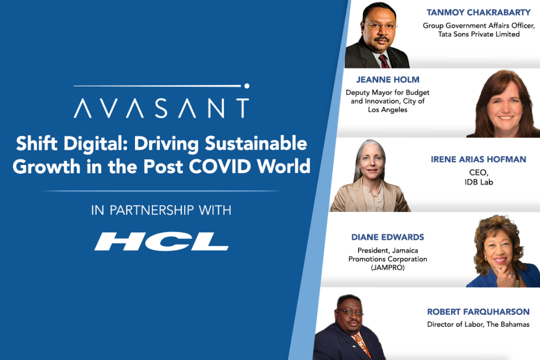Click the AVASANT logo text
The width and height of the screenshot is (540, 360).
pos(161,108)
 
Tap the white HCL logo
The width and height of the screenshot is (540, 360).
pos(161,241)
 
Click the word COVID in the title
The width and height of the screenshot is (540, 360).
pos(220,166)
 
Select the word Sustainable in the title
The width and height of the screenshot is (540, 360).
pos(256,143)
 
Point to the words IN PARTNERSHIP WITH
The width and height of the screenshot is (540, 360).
pos(161,210)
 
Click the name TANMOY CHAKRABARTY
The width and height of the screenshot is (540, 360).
pos(478,13)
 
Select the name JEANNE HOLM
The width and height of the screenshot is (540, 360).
pos(388,80)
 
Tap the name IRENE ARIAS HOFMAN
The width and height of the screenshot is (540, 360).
pos(478,159)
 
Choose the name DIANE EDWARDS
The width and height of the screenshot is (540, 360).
pos(388,237)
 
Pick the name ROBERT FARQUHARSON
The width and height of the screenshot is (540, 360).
pos(478,312)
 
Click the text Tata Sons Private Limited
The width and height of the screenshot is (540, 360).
pos(479,34)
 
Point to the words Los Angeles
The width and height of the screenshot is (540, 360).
pos(388,110)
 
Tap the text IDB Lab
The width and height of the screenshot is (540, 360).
pos(479,182)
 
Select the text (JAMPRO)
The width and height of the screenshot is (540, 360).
pos(388,267)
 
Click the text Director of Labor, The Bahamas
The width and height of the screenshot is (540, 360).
pos(478,324)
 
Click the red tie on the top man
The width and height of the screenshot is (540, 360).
pos(384,62)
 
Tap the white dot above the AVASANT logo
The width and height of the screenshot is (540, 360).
pos(247,86)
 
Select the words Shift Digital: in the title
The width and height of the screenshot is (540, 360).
pos(72,143)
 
